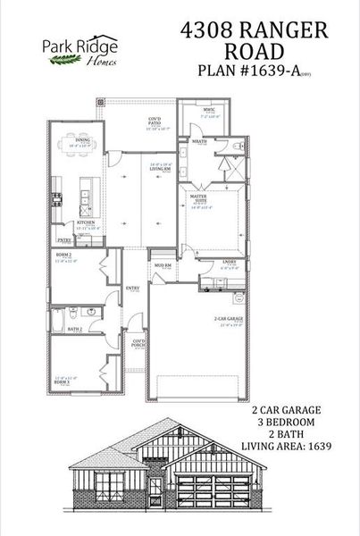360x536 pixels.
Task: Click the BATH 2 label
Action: coord(75,330)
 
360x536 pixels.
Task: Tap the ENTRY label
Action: coord(132,288)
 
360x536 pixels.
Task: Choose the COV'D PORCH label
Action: coord(139,342)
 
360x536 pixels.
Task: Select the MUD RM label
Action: coord(162,266)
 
